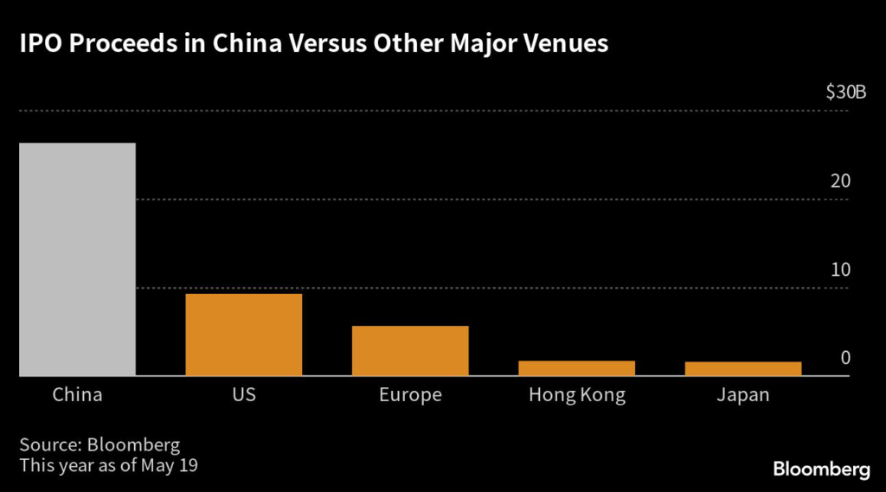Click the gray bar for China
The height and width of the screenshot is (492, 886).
(x=77, y=259)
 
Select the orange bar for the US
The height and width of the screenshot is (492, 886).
(x=244, y=335)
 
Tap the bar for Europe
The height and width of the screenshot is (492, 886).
(x=410, y=350)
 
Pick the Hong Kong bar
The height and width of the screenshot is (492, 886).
(x=576, y=368)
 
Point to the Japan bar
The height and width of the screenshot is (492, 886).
(x=743, y=369)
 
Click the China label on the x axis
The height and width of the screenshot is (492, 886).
(x=77, y=395)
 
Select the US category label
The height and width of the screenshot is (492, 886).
(x=244, y=395)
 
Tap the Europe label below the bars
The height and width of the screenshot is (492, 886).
(x=410, y=395)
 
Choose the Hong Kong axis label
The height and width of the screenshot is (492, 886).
(x=576, y=395)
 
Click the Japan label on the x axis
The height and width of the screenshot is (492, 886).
(x=743, y=395)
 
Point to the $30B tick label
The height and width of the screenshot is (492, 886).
(x=846, y=93)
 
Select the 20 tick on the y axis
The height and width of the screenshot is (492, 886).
(x=841, y=182)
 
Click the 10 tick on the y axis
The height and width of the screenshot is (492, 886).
(x=841, y=270)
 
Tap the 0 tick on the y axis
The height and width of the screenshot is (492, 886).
(x=845, y=358)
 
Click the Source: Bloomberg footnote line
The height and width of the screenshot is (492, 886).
(x=100, y=445)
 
